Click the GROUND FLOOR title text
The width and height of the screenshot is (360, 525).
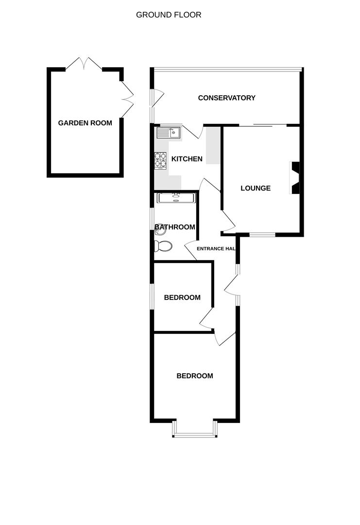pyautogui.click(x=169, y=15)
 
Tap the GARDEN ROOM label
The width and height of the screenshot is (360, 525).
pyautogui.click(x=85, y=123)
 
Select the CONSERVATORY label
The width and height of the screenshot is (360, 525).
pyautogui.click(x=226, y=98)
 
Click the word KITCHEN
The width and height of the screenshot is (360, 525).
pyautogui.click(x=187, y=159)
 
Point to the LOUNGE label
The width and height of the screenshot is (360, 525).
pyautogui.click(x=256, y=188)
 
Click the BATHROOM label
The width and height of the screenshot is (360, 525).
pyautogui.click(x=175, y=227)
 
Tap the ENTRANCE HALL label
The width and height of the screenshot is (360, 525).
pyautogui.click(x=216, y=248)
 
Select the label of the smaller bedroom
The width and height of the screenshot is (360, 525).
pyautogui.click(x=182, y=297)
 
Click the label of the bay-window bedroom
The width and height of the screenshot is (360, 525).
pyautogui.click(x=194, y=376)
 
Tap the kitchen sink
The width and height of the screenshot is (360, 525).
pyautogui.click(x=168, y=132)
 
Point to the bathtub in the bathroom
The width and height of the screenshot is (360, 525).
pyautogui.click(x=175, y=197)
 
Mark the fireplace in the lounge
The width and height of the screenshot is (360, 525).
pyautogui.click(x=295, y=178)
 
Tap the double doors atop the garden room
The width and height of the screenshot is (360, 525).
pyautogui.click(x=84, y=64)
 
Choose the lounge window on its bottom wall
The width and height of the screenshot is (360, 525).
pyautogui.click(x=262, y=235)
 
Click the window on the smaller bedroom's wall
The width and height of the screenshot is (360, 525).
pyautogui.click(x=152, y=296)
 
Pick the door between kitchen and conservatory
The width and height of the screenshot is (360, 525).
pyautogui.click(x=193, y=131)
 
